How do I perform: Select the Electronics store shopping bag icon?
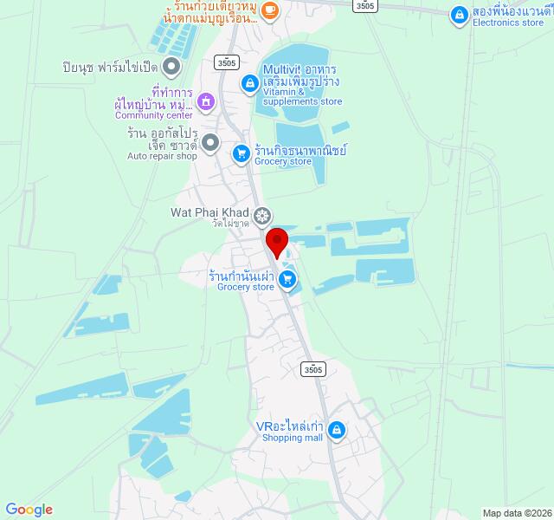458,14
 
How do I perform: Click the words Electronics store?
508,24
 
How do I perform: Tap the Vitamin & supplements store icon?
249,82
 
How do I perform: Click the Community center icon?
206,101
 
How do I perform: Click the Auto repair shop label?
162,156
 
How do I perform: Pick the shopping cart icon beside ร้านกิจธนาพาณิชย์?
241,153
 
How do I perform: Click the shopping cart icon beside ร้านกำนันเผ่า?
287,279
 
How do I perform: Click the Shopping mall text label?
293,438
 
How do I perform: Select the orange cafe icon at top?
269,10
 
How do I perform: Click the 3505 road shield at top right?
366,5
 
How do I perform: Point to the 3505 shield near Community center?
227,62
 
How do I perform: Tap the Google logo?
29,510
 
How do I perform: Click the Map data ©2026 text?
517,512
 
